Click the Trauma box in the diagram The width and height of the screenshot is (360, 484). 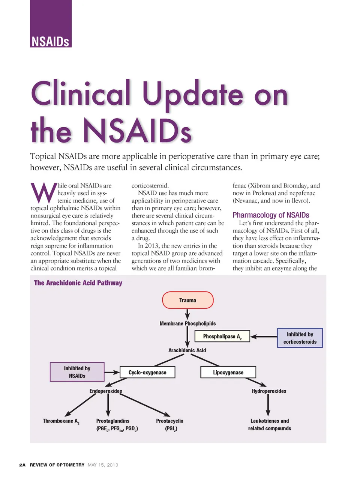point(187,300)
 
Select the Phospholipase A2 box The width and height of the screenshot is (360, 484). point(222,337)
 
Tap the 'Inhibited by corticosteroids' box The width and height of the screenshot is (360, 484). point(300,338)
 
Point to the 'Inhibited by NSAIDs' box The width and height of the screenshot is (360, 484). point(77,372)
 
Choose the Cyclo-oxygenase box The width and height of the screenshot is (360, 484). point(147,372)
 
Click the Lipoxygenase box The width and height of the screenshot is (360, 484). point(228,372)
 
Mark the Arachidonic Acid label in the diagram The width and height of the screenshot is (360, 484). point(187,350)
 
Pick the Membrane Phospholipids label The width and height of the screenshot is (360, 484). point(187,323)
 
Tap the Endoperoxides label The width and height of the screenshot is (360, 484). point(105,391)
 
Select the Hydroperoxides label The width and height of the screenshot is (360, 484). point(269,391)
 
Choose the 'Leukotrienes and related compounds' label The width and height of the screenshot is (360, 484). point(269,424)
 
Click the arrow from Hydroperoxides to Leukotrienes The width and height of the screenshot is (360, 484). point(268,405)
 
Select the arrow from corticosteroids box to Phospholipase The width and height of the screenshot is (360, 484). point(263,337)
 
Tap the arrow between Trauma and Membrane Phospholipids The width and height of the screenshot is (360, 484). point(187,314)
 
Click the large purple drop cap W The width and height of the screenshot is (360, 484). point(43,192)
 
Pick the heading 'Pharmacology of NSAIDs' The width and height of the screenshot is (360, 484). point(271,215)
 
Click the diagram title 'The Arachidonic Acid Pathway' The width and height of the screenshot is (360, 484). point(78,283)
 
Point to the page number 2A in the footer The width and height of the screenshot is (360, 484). point(22,465)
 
